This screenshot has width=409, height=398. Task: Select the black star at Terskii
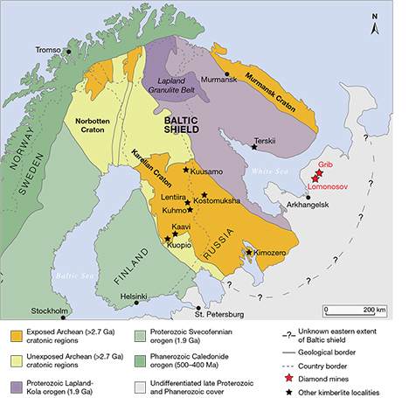coord(254,147)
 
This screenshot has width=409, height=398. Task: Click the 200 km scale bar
coord(354,308)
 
